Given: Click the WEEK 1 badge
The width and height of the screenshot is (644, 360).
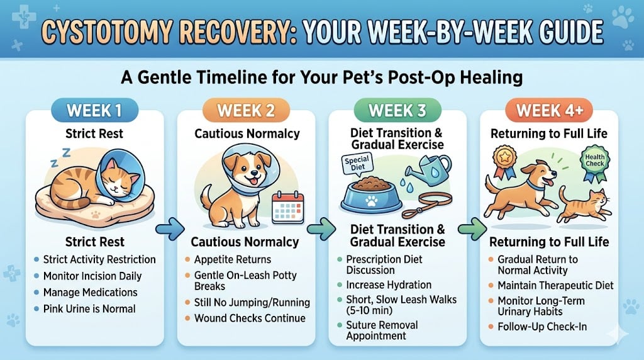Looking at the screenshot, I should [x=94, y=110].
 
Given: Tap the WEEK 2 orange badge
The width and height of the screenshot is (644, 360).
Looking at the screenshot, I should [x=245, y=110].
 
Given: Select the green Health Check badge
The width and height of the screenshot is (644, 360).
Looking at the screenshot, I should [x=594, y=160].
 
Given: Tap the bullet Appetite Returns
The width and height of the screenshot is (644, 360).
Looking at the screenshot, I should [x=233, y=259].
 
